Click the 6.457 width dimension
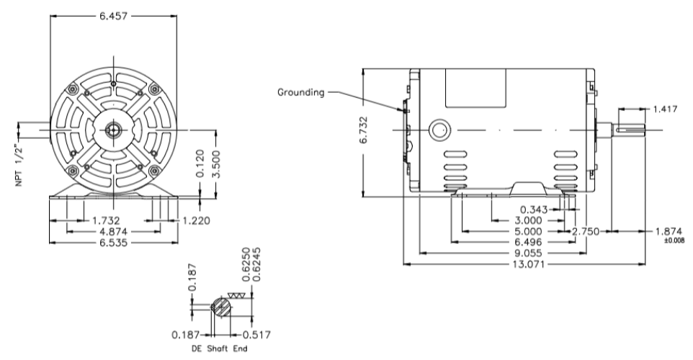114,17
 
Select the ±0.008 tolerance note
674,240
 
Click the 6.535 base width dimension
115,243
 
